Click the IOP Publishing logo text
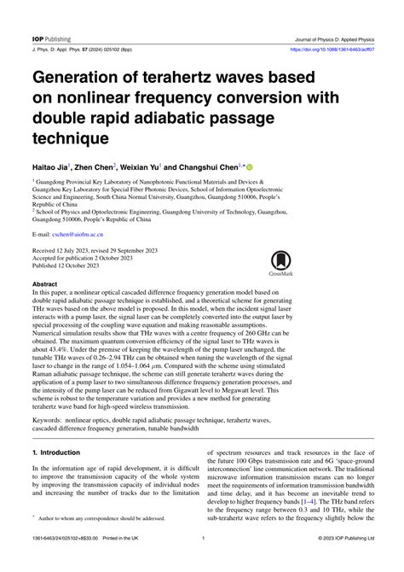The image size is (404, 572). (x=53, y=16)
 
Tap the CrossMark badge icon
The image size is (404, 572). (x=280, y=264)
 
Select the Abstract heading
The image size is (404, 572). (x=45, y=282)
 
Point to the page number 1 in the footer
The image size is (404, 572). (x=203, y=562)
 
